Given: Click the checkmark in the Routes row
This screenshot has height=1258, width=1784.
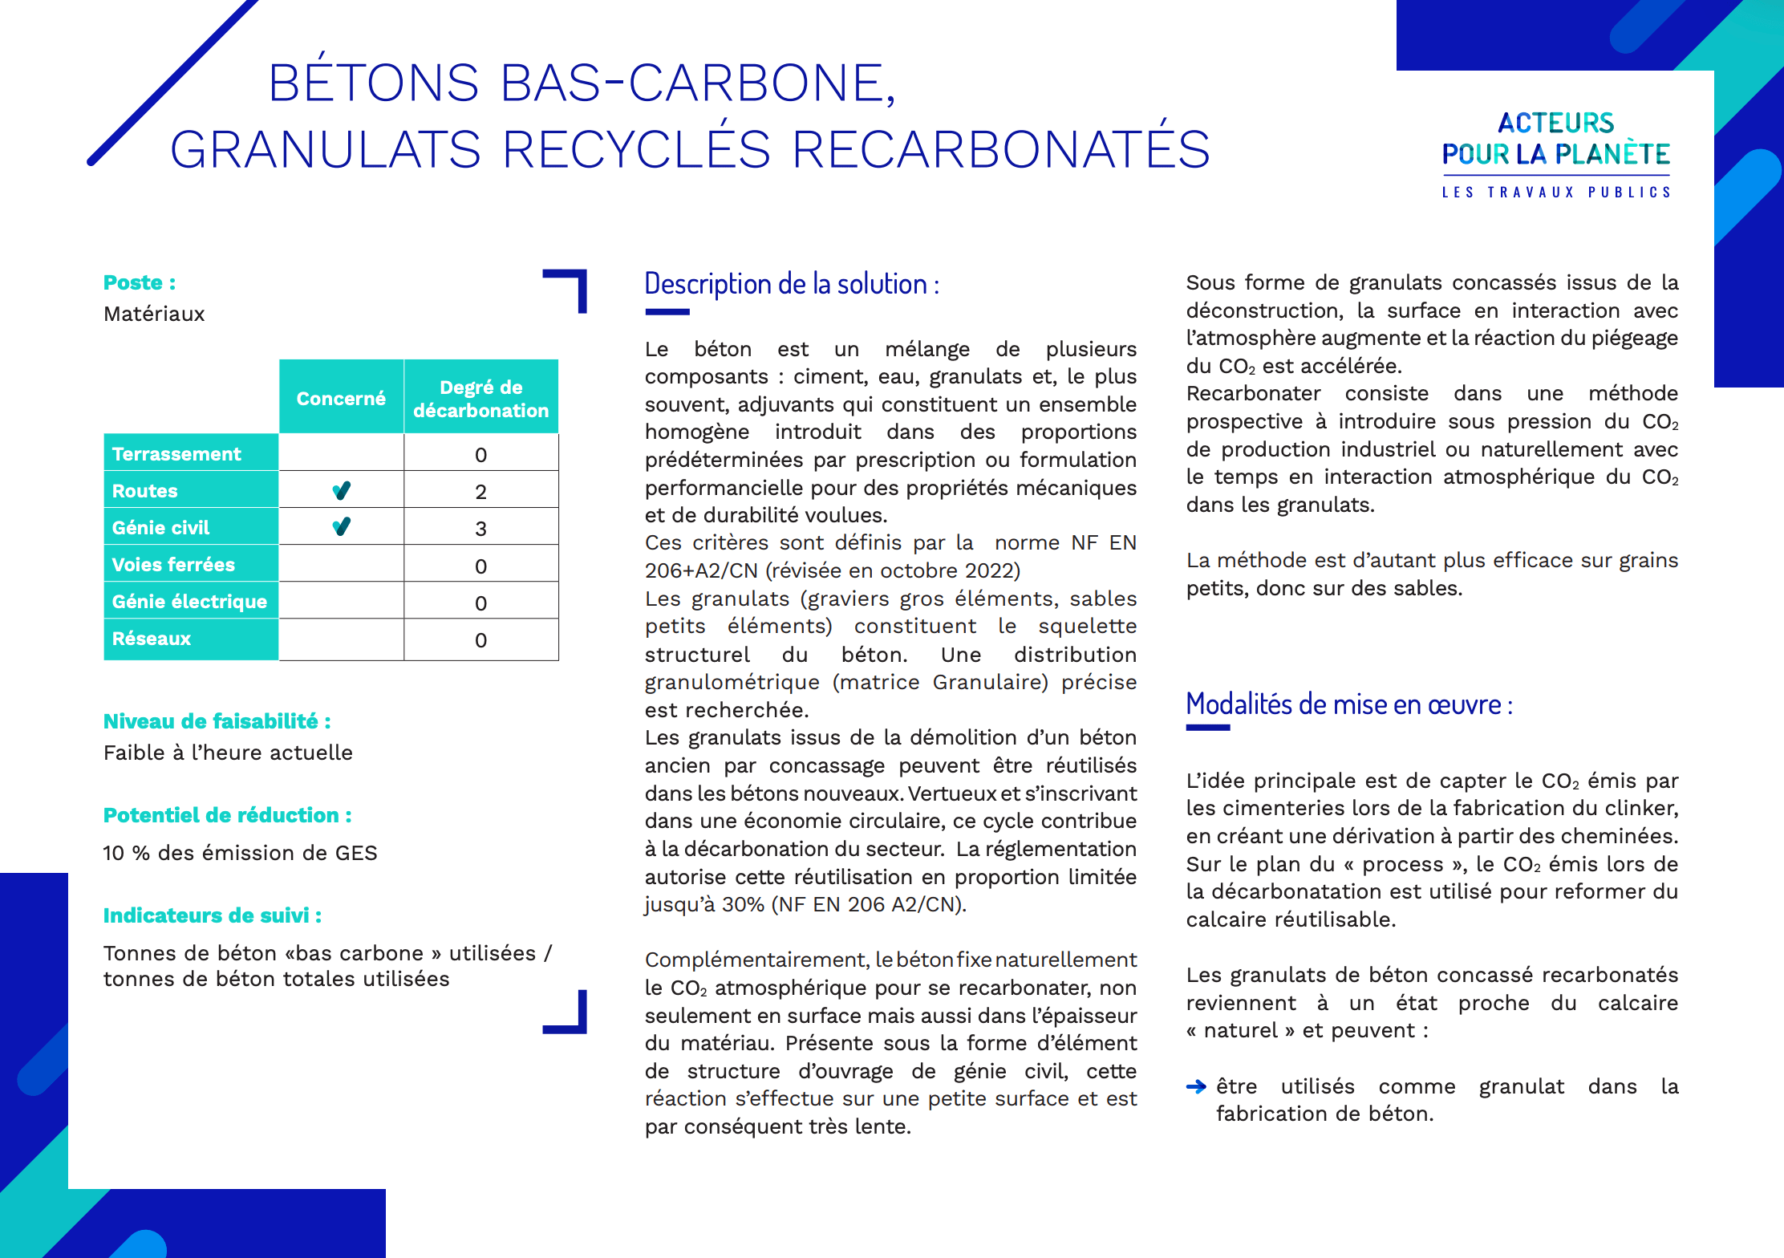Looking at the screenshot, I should (342, 490).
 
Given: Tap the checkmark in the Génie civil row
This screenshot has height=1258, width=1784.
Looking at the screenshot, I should (342, 527).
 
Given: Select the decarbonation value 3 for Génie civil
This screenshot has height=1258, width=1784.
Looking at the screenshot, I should (480, 529).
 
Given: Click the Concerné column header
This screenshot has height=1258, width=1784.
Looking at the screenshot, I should (341, 398).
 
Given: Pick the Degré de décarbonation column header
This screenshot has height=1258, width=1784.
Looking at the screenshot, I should (480, 398).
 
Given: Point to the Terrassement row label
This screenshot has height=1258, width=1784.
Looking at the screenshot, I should (176, 454).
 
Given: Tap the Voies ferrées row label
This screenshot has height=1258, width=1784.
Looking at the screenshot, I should (173, 565).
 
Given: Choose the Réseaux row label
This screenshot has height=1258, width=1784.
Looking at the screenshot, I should (152, 639).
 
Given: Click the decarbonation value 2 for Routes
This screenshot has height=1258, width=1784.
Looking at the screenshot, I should (480, 492).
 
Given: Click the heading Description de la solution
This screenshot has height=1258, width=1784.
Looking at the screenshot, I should (792, 284).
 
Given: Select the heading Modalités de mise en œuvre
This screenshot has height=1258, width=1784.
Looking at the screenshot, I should (1349, 704).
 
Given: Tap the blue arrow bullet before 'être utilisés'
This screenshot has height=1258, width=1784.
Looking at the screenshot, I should (1195, 1087).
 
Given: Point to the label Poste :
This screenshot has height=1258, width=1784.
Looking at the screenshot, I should (140, 282).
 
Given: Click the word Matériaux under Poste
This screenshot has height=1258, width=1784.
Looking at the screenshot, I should (154, 314).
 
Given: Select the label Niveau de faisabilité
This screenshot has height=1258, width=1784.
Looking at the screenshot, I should (217, 721).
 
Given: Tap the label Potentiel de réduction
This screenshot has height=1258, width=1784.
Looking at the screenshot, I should (227, 815).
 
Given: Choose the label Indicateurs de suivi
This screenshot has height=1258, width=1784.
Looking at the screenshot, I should (213, 915).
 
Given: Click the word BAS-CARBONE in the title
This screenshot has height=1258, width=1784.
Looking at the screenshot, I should (697, 83).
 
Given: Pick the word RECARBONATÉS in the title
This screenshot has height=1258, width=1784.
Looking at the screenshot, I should (1000, 149).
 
